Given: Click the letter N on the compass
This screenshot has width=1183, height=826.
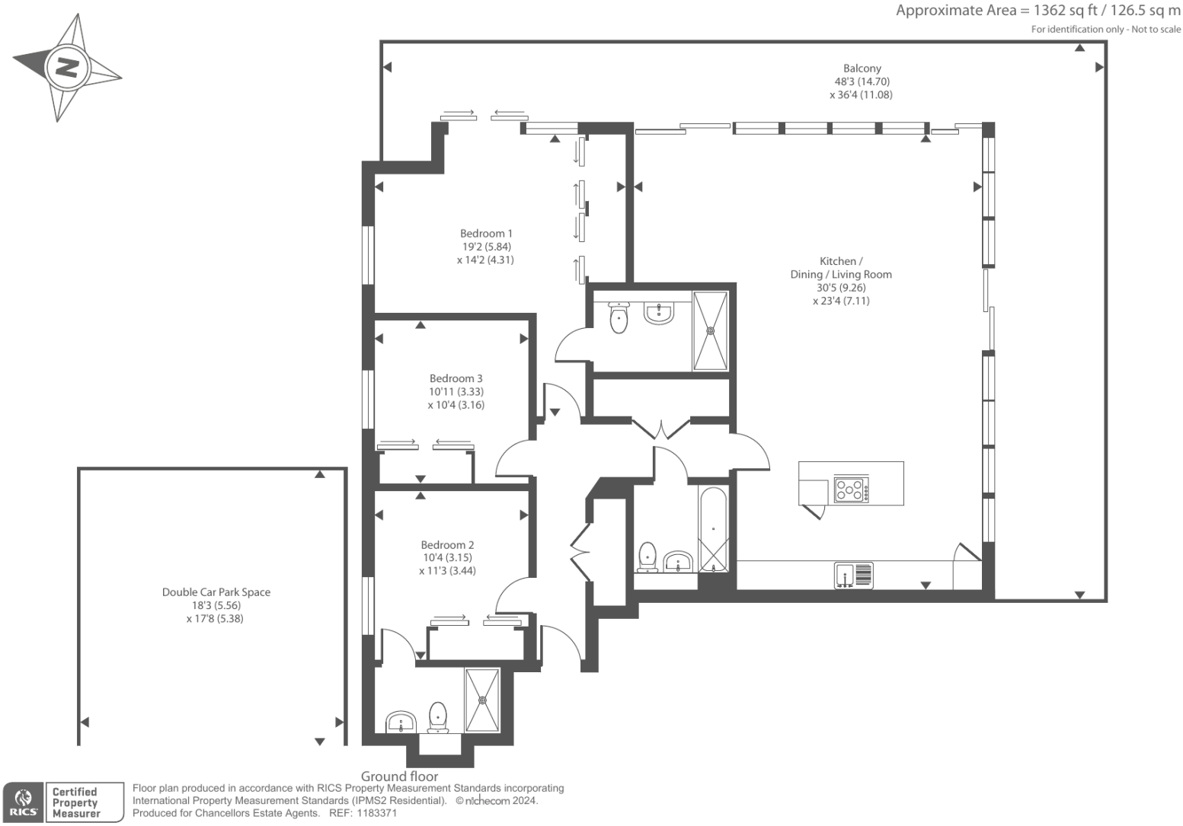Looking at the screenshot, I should point(67,68).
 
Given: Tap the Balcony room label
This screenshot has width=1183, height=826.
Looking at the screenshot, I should point(862,69).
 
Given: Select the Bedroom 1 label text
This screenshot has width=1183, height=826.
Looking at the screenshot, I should point(486,234).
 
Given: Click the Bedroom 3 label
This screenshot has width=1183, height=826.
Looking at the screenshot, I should point(456,378).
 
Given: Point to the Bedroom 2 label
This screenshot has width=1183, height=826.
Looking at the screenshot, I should point(447,545).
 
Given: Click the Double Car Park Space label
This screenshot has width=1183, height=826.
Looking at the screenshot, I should point(216,592).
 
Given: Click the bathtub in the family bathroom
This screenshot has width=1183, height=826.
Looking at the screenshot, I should point(713,529).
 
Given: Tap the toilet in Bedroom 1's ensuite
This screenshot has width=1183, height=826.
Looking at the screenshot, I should point(619,318).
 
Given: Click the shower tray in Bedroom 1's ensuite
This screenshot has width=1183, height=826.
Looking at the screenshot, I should point(710,330).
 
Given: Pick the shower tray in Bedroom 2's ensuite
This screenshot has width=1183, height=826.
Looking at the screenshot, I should point(482,700).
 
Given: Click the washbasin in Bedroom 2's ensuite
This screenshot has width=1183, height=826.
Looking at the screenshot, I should point(401,721).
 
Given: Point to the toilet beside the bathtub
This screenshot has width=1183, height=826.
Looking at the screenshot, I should point(647,557).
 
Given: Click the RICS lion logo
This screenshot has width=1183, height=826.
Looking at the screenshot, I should point(24,802).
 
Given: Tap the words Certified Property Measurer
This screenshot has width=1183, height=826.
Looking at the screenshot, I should point(76,802).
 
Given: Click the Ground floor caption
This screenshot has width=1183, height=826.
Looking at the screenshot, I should point(399,777).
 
